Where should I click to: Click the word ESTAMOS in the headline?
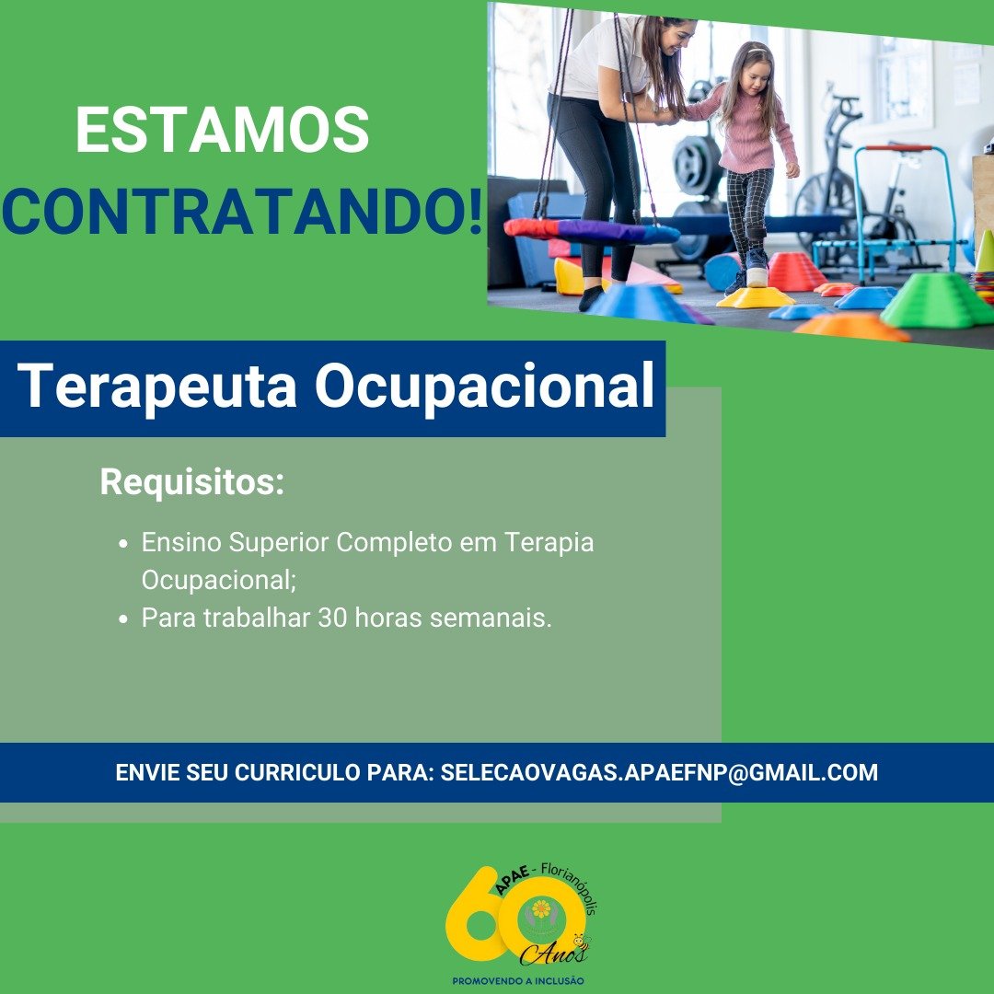(223, 130)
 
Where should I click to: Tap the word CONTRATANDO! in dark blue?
(243, 211)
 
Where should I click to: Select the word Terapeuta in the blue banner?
(157, 387)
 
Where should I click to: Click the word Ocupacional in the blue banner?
(485, 387)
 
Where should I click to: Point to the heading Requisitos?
(192, 482)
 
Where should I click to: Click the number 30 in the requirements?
(332, 618)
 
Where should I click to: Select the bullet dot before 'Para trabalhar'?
(123, 618)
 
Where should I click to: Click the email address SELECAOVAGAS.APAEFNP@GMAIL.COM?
(659, 773)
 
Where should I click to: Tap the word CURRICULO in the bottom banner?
(297, 773)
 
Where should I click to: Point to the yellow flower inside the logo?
(541, 909)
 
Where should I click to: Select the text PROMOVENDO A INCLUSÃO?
(518, 981)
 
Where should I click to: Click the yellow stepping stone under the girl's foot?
(755, 297)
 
